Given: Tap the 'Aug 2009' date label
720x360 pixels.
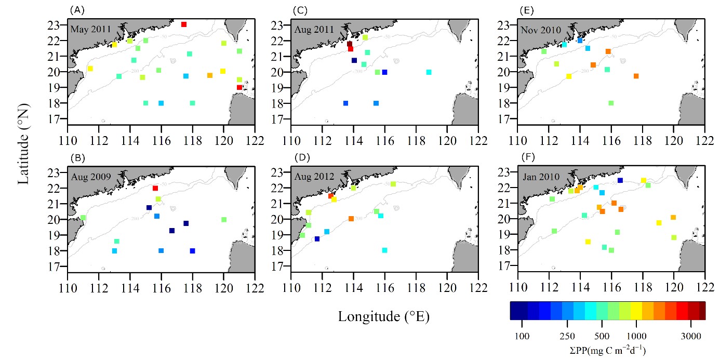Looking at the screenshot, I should coord(90,177).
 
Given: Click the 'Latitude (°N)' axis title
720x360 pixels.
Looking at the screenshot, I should coord(24,143).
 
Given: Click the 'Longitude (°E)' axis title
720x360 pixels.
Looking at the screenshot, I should coord(384,315).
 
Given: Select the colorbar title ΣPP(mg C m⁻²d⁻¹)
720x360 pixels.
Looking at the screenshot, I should coord(607,350).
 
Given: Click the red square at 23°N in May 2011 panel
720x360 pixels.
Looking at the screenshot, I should coord(183,24).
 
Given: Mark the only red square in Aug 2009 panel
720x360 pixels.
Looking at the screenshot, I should coord(155,188).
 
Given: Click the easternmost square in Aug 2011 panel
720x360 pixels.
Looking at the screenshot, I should coord(429,72).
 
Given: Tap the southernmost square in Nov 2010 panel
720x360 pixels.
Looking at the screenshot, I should coord(611,103).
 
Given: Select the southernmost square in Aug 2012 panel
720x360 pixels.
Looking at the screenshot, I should coord(384,250).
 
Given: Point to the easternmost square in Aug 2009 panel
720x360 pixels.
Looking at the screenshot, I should coord(224,219).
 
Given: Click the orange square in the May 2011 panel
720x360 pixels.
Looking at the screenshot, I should coord(210,75).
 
